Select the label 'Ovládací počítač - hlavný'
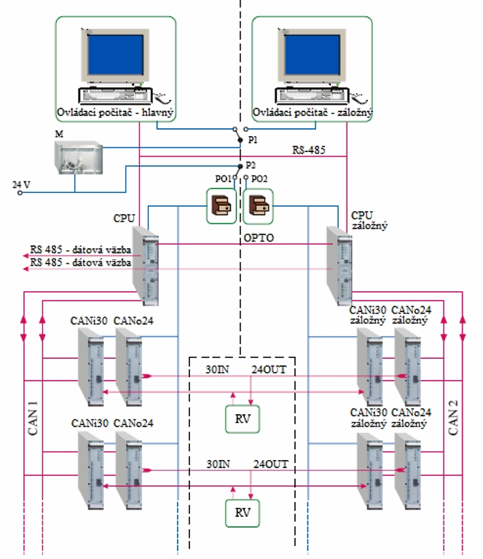click(115, 114)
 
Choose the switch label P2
click(251, 166)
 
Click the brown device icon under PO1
click(221, 206)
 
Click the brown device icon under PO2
click(258, 206)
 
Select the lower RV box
click(241, 512)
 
